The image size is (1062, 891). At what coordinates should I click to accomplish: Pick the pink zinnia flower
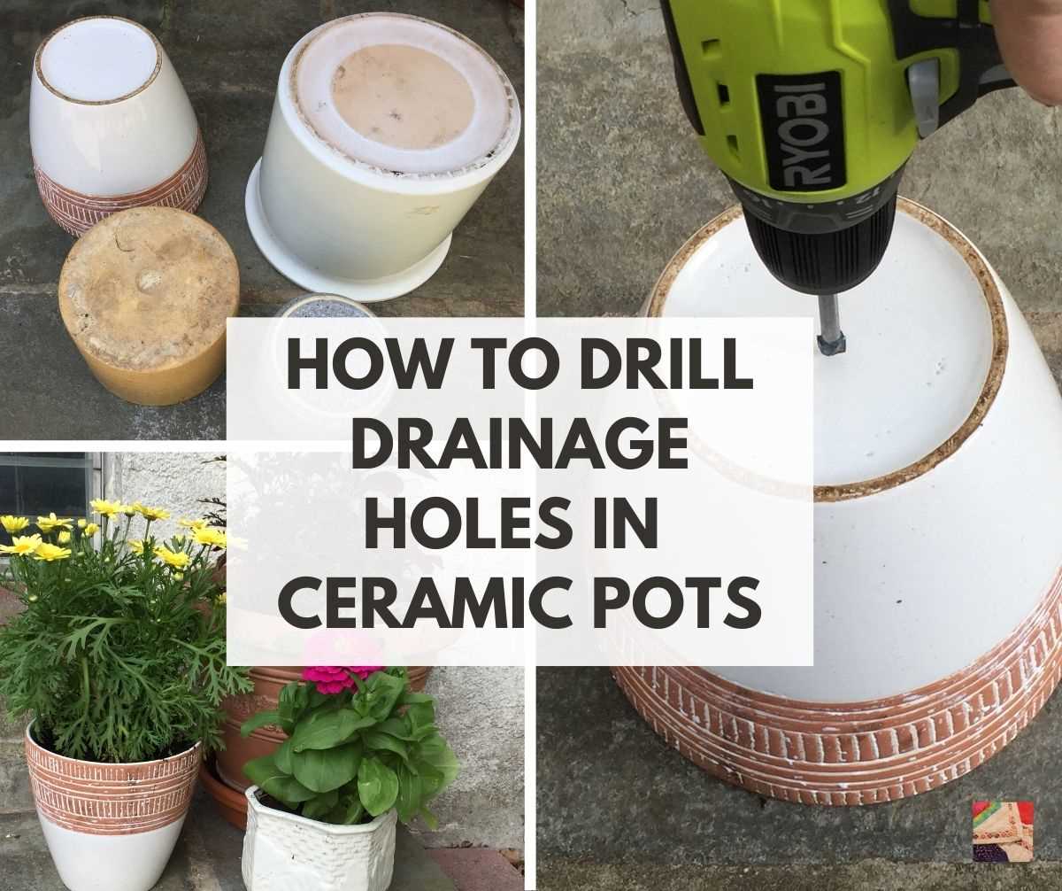(x=342, y=677)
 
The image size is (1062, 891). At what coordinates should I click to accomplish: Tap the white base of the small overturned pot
(x=97, y=58)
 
